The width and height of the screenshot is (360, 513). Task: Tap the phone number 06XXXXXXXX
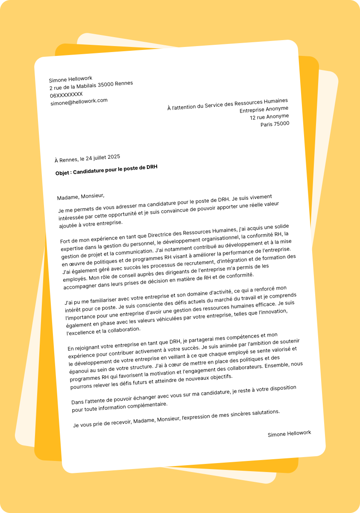tap(66, 95)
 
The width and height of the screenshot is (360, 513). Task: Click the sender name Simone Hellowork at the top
tap(70, 79)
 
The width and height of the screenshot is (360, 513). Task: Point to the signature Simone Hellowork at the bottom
tap(289, 434)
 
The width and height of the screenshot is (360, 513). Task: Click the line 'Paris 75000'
tap(275, 124)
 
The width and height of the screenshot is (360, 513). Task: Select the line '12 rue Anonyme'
tap(269, 117)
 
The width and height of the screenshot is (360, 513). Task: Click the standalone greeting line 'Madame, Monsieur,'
tap(81, 196)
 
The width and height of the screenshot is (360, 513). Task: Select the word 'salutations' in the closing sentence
tap(263, 412)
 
